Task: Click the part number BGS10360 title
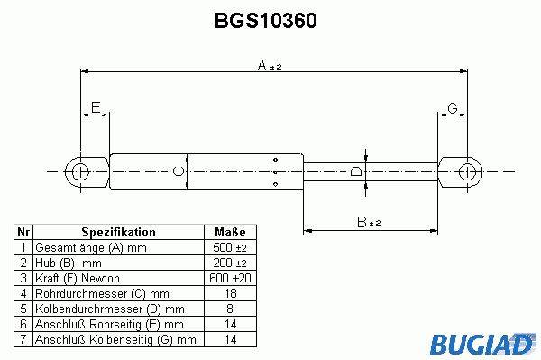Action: [x=265, y=21]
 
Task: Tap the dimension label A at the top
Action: [x=270, y=65]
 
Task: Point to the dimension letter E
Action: [x=96, y=107]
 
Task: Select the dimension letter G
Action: [x=453, y=108]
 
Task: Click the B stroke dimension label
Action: [x=369, y=222]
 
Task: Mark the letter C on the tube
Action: [x=178, y=171]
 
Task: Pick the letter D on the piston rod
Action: [x=356, y=171]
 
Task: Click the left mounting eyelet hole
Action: [x=80, y=171]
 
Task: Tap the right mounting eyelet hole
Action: [x=467, y=171]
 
